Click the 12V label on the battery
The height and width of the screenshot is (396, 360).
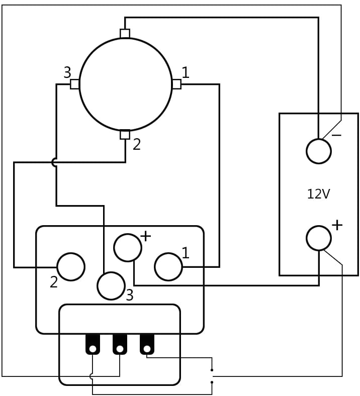(318, 194)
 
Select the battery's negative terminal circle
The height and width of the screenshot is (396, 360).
(319, 151)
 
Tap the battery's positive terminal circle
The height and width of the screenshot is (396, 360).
(319, 238)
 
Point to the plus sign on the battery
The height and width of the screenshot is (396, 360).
(337, 225)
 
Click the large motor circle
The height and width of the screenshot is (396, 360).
(125, 84)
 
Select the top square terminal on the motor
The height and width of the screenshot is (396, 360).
(125, 34)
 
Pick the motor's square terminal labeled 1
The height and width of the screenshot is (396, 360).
(176, 84)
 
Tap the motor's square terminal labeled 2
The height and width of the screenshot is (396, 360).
(125, 135)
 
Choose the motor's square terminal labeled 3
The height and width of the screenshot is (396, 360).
(74, 84)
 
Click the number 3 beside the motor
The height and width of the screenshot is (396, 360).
(67, 73)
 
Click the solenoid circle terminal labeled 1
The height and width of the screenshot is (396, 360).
(168, 267)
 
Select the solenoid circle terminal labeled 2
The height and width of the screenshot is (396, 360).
(71, 267)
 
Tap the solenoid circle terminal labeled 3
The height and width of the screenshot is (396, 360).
(111, 286)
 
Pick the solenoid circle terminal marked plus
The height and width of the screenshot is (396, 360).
(128, 248)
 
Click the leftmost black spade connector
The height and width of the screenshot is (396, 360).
(93, 345)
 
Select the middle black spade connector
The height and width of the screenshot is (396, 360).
(120, 345)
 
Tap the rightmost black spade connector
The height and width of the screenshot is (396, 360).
(147, 345)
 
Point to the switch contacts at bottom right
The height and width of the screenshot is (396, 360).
(212, 376)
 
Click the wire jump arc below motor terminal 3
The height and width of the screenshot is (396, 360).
(54, 162)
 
